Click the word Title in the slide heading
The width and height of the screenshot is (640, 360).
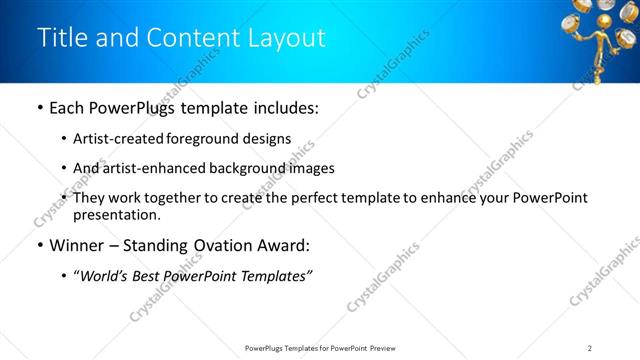[x=59, y=38]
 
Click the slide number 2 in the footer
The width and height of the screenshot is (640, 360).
[x=590, y=347]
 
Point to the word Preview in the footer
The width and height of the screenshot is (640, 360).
[x=387, y=347]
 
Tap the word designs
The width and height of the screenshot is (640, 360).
[x=267, y=139]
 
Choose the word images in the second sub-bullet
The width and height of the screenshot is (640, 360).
[x=309, y=168]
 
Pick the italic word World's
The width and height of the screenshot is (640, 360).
[x=103, y=275]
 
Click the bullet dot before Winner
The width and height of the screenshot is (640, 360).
[x=39, y=245]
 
